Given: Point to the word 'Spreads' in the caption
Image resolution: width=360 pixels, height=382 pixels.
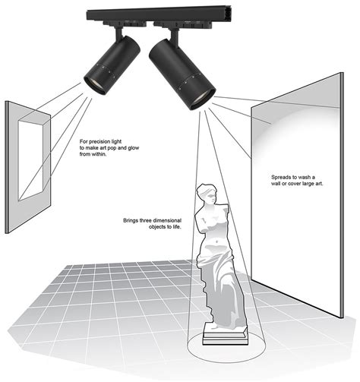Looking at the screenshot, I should (x=282, y=175).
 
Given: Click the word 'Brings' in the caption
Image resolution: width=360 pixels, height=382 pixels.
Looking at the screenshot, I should (x=132, y=221).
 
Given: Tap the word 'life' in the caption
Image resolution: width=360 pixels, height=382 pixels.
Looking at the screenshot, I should (x=175, y=228).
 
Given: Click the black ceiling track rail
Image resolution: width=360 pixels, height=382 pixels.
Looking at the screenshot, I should (x=152, y=16).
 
